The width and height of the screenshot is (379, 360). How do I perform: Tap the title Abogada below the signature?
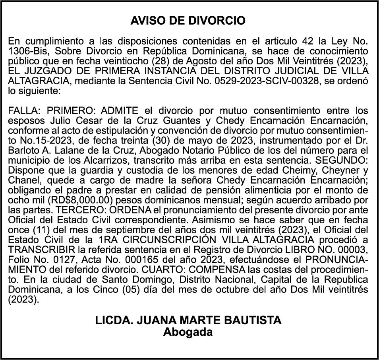188,332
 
